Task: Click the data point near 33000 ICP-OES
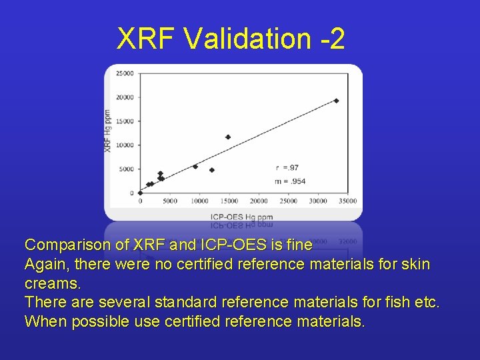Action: click(336, 101)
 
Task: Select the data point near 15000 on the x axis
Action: click(228, 137)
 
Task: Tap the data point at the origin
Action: click(140, 193)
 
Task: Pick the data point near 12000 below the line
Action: click(212, 170)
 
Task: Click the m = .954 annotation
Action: click(291, 181)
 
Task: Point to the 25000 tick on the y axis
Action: click(125, 73)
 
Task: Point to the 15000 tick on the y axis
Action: click(125, 121)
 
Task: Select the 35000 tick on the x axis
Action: click(347, 201)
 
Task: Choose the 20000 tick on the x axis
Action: click(259, 201)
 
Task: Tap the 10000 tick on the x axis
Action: click(199, 201)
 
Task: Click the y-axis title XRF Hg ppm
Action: click(108, 130)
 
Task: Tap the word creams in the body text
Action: click(51, 283)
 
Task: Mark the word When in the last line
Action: click(42, 321)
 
